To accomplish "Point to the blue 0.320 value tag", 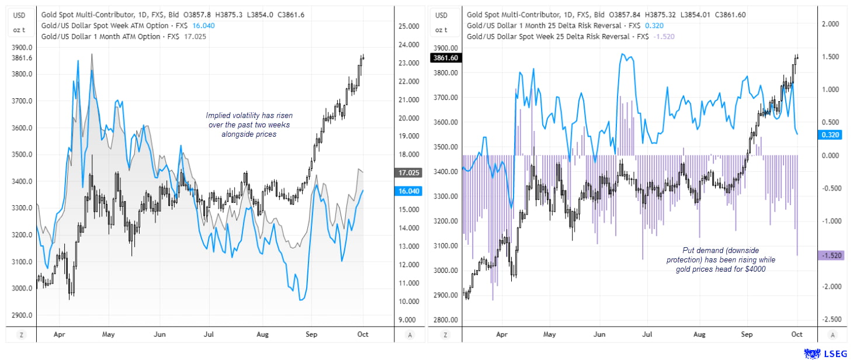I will click(831, 134).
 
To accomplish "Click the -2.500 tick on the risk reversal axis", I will click(831, 319).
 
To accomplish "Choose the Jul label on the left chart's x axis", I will click(209, 335).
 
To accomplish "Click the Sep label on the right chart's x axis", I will click(747, 334).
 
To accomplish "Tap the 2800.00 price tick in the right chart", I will click(446, 320).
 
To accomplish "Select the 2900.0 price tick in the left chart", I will click(22, 315).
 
